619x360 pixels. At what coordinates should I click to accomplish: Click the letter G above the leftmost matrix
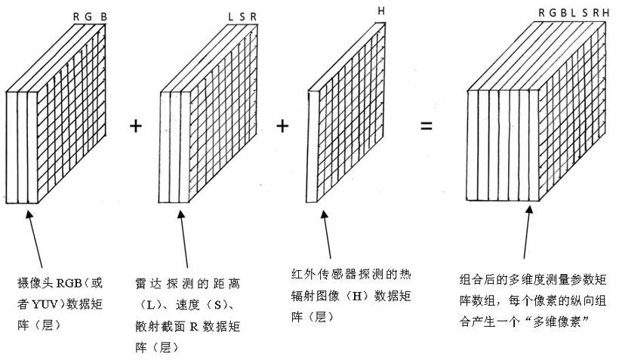coord(88,17)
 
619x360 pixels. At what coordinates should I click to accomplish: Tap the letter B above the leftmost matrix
coord(104,17)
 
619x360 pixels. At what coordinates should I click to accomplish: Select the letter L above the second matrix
coord(231,17)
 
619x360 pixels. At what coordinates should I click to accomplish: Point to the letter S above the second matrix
coord(242,17)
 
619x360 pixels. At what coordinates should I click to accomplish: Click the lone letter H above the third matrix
coord(381,11)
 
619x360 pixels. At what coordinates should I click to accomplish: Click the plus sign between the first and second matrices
coord(136,126)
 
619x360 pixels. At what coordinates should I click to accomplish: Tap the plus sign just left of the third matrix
coord(282,126)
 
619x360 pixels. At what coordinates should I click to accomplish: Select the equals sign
coord(427,126)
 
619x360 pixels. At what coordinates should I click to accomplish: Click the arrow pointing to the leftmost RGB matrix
coord(34,238)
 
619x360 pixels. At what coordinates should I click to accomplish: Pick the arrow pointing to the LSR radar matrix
coord(183,238)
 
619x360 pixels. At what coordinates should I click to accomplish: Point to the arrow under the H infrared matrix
coord(327,235)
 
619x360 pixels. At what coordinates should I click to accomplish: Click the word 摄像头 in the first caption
coord(36,283)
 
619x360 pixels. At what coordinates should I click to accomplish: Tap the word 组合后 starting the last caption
coord(477,280)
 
